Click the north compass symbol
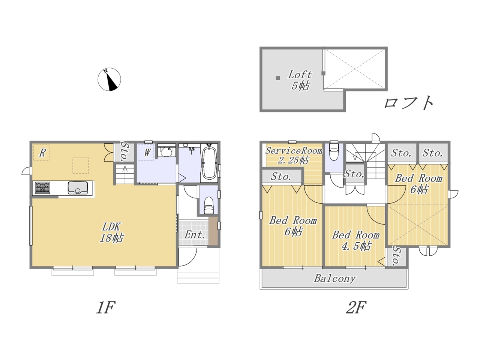click(x=109, y=79)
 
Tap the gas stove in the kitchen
click(x=43, y=188)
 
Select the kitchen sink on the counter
click(x=78, y=188)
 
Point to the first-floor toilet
click(x=208, y=205)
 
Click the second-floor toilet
click(x=334, y=150)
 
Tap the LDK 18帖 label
click(x=111, y=232)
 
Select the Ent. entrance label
click(x=194, y=235)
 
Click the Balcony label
click(x=334, y=279)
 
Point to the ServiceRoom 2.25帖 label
click(x=294, y=155)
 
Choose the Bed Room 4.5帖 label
click(x=356, y=240)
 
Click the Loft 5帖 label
click(x=300, y=80)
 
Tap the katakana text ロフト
click(x=409, y=103)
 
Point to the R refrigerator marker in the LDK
click(x=42, y=153)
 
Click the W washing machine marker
click(x=147, y=152)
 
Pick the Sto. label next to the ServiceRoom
click(x=281, y=177)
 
